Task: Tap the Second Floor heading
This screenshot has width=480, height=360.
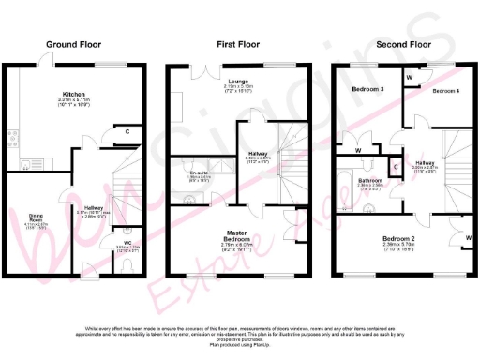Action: coord(403,43)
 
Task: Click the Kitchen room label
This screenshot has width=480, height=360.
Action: coord(75,95)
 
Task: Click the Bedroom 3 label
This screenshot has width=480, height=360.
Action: coord(367,89)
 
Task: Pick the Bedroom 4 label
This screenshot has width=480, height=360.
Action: coord(445,91)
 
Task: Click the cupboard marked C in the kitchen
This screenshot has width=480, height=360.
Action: coord(127,132)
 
